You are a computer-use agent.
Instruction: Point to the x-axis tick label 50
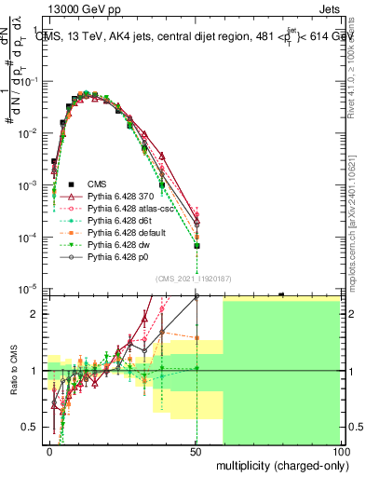point(196,451)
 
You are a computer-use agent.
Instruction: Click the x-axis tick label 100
point(341,451)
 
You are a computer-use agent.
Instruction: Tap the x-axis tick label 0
point(49,451)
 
